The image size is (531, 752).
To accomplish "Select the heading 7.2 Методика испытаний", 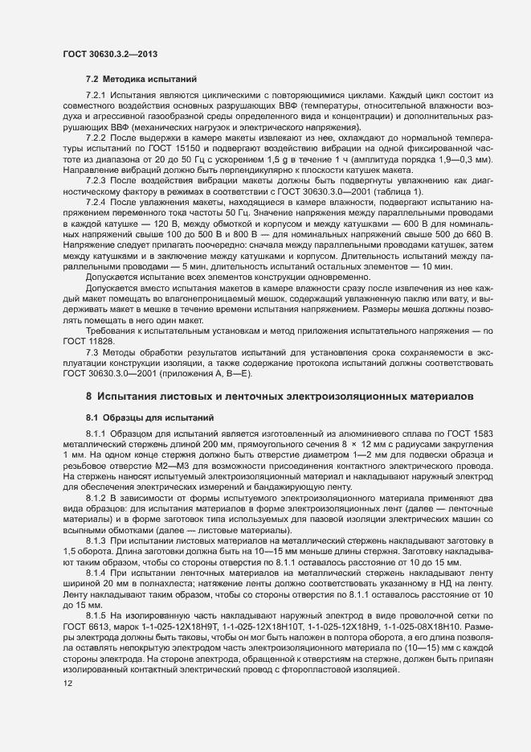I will [x=137, y=81].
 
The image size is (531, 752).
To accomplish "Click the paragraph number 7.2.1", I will [x=98, y=95].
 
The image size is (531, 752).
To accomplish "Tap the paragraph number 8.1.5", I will [x=98, y=614].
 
